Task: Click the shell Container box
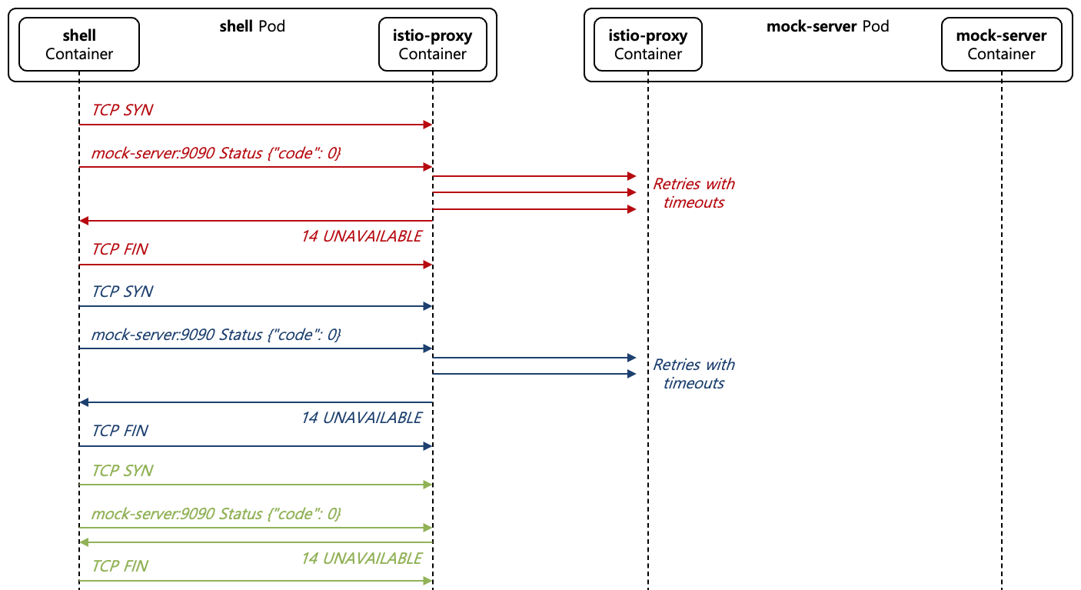tap(78, 45)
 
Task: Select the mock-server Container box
tap(1001, 45)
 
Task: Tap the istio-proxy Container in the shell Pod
tap(432, 45)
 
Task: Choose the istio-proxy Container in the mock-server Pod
tap(647, 45)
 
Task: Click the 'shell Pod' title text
tap(252, 27)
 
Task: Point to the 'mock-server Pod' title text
tap(827, 27)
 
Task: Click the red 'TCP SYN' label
tap(122, 110)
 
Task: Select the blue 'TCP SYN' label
tap(122, 292)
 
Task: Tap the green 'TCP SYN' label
tap(122, 471)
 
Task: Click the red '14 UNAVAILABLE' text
tap(361, 236)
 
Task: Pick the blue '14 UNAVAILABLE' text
tap(361, 418)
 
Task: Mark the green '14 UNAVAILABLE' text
tap(361, 558)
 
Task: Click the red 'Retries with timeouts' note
tap(694, 193)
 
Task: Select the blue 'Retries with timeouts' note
tap(694, 374)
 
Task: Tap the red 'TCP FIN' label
tap(120, 250)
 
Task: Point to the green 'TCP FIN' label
tap(120, 566)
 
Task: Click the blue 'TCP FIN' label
tap(120, 431)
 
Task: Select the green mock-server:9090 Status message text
tap(216, 513)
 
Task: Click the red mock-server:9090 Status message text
tap(216, 153)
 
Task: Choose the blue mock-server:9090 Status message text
tap(216, 335)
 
